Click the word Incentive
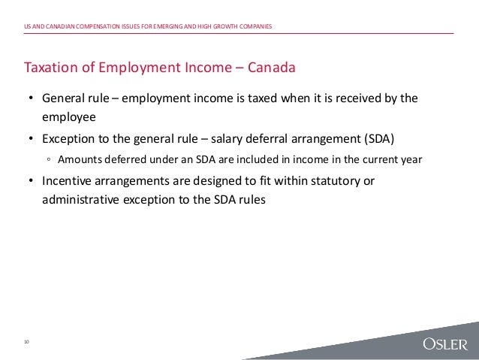coord(70,181)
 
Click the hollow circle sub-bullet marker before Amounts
coord(47,160)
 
